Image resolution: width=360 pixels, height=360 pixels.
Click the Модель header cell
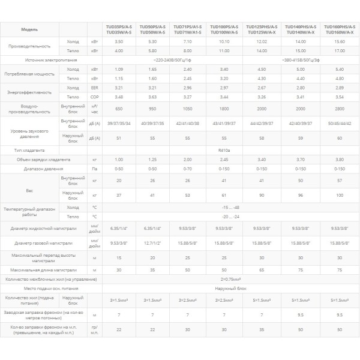click(x=29, y=29)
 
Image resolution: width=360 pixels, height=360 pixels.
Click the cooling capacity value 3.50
click(x=119, y=41)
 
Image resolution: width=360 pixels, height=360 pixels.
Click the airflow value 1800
click(x=223, y=109)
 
